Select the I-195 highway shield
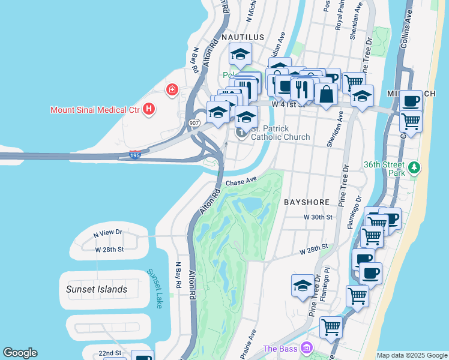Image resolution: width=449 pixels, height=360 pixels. pos(136,155)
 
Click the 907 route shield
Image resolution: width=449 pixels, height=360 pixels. pos(195,122)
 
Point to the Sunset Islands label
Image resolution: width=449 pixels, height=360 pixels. pos(97,289)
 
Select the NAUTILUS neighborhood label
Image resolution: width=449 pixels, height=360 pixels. pos(243,37)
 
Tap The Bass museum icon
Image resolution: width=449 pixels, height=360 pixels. pos(307,348)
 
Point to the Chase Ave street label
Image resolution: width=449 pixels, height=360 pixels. pos(241,180)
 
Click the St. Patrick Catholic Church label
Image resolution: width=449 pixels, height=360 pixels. pos(280,133)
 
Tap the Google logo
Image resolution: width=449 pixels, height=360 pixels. pos(20,353)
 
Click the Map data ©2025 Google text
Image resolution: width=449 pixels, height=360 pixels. pos(411,355)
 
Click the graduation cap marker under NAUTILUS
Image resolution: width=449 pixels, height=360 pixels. pos(240,55)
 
